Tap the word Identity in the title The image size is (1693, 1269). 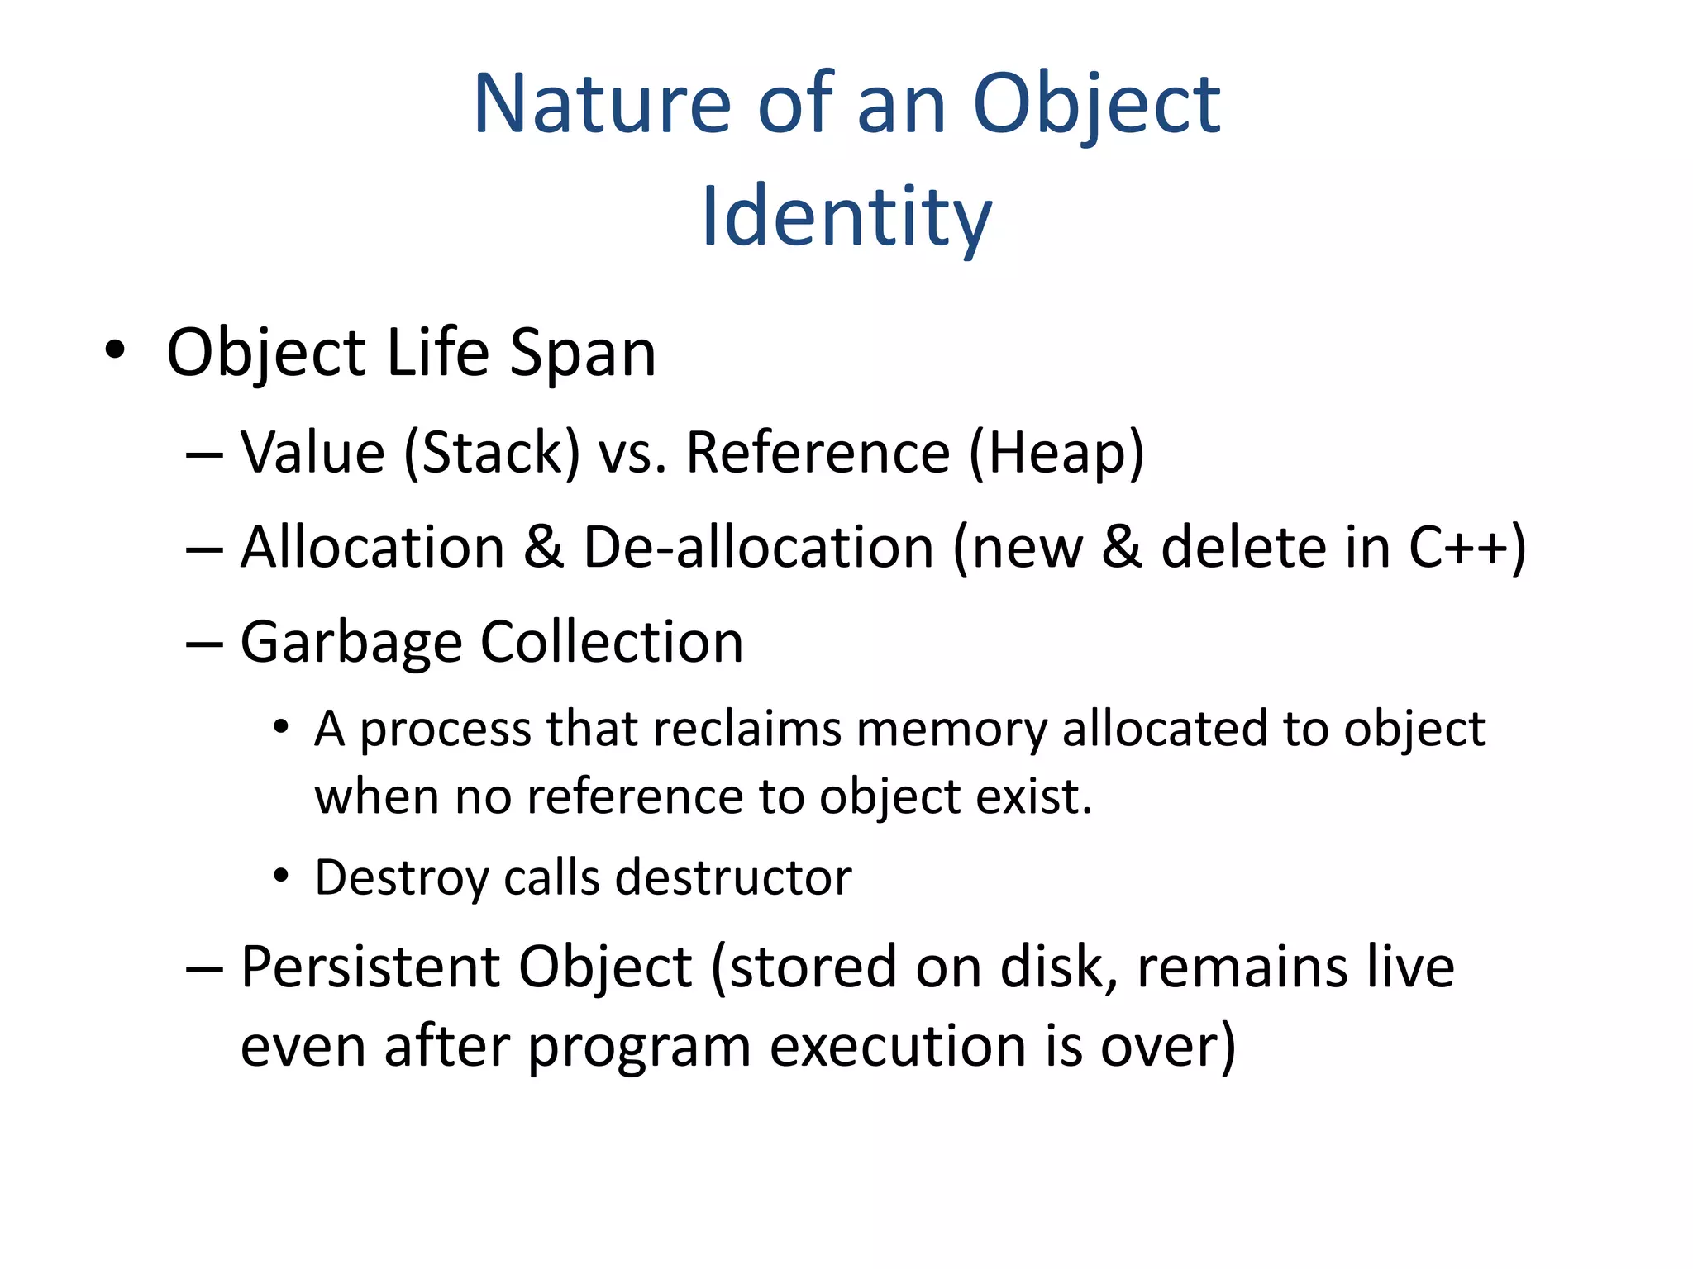click(x=846, y=217)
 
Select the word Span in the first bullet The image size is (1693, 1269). click(x=583, y=354)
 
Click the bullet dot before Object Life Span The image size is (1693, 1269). click(x=115, y=350)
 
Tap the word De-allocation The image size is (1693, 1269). click(x=759, y=548)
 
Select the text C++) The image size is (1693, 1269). click(x=1466, y=548)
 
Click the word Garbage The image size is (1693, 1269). click(x=351, y=643)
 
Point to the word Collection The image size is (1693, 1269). click(x=612, y=642)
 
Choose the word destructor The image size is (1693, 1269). click(x=733, y=877)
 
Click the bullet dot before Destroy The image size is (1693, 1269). click(x=282, y=875)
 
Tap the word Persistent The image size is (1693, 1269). click(x=370, y=967)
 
